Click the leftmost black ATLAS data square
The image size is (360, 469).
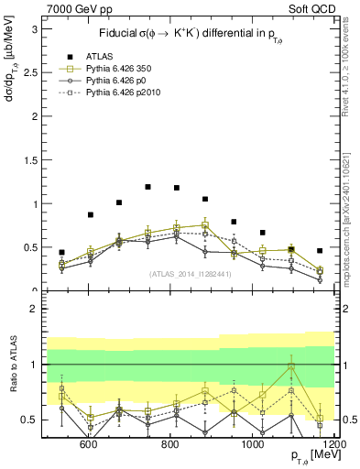coord(61,252)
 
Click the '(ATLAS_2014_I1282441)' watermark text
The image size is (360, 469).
coord(190,273)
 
